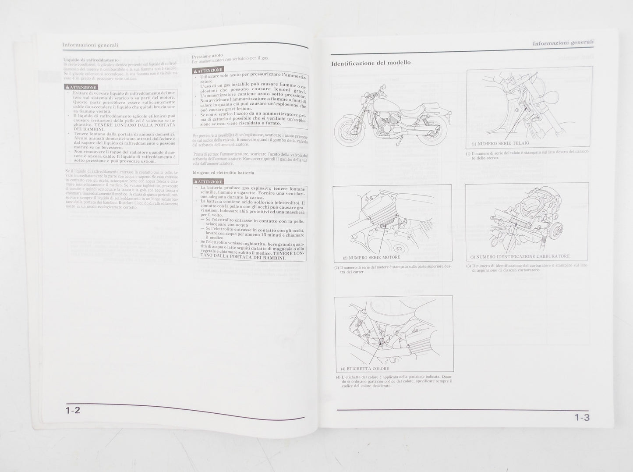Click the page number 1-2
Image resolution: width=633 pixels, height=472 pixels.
pyautogui.click(x=73, y=410)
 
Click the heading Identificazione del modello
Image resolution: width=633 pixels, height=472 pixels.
pyautogui.click(x=371, y=63)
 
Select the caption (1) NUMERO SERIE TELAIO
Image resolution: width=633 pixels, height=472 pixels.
pyautogui.click(x=500, y=143)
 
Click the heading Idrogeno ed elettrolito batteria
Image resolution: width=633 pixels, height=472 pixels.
pyautogui.click(x=223, y=173)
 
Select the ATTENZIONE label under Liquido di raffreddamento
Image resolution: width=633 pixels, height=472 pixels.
pyautogui.click(x=80, y=87)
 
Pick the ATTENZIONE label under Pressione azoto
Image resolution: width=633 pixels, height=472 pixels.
pyautogui.click(x=207, y=70)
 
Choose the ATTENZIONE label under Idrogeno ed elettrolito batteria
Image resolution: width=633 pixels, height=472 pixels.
pyautogui.click(x=208, y=181)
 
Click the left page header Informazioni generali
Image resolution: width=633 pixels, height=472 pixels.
pyautogui.click(x=90, y=45)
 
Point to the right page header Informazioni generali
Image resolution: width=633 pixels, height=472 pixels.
pyautogui.click(x=563, y=43)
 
